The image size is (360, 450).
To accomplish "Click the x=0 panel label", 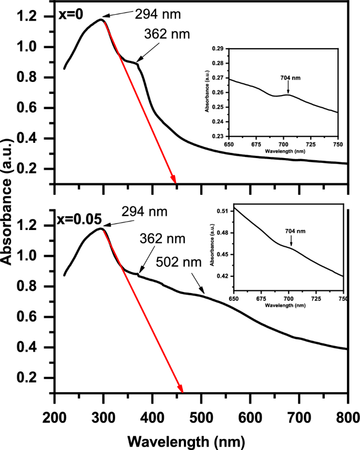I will coord(70,16).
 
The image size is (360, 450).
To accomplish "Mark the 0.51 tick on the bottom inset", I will coord(222,211).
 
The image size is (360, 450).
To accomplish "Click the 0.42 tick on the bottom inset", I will coord(222,276).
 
